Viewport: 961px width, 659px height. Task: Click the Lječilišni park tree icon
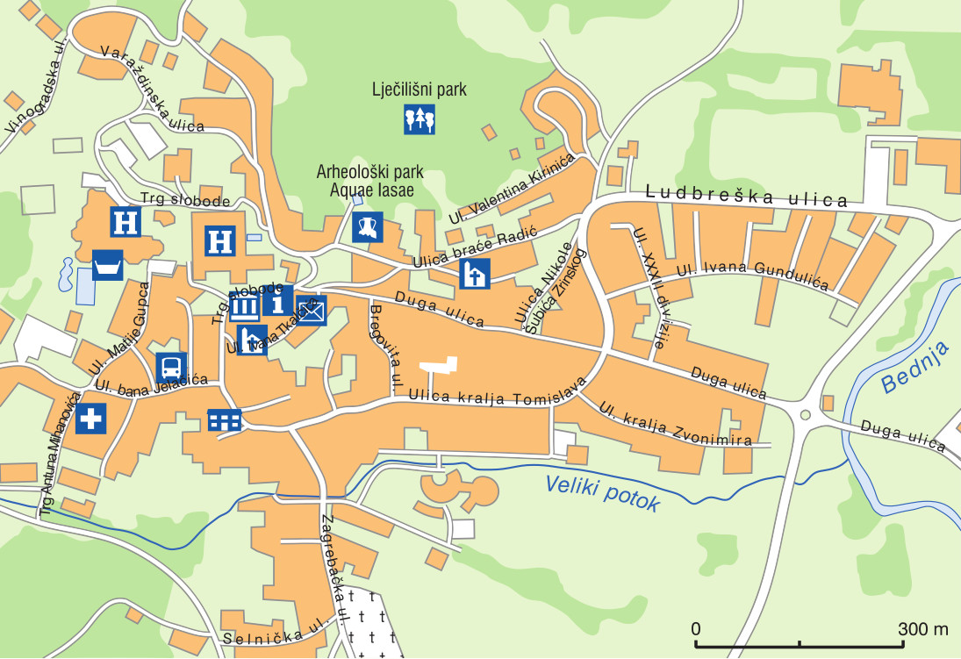[420, 118]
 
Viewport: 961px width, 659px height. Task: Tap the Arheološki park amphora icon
[368, 227]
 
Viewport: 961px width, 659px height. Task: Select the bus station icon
[171, 368]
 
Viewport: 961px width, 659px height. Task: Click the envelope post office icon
[312, 310]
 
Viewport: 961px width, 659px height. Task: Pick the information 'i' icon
[278, 300]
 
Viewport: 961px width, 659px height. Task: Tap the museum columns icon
[245, 307]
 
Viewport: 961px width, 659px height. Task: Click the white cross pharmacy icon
[90, 419]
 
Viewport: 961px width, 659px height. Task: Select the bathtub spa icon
[108, 265]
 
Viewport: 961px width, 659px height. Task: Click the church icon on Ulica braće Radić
[475, 274]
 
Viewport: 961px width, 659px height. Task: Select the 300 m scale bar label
[922, 629]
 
